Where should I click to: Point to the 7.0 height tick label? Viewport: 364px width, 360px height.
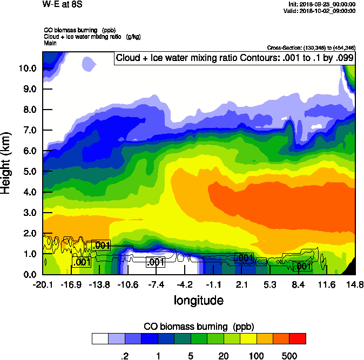click(30, 130)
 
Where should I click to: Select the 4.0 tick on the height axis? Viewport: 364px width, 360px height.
click(30, 192)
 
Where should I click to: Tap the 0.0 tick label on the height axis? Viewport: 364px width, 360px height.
click(30, 274)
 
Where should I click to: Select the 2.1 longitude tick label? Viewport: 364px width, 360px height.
click(242, 284)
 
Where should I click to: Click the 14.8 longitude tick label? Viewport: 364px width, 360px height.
click(355, 284)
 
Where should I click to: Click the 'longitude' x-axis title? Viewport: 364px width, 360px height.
click(198, 300)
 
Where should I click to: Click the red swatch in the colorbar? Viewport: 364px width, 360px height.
click(298, 339)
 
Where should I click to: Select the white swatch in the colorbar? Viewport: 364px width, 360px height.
click(100, 339)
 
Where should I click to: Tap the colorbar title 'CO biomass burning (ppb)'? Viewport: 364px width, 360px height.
click(199, 327)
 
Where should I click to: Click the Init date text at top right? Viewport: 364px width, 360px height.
click(322, 4)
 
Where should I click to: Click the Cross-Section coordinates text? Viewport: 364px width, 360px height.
click(311, 48)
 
